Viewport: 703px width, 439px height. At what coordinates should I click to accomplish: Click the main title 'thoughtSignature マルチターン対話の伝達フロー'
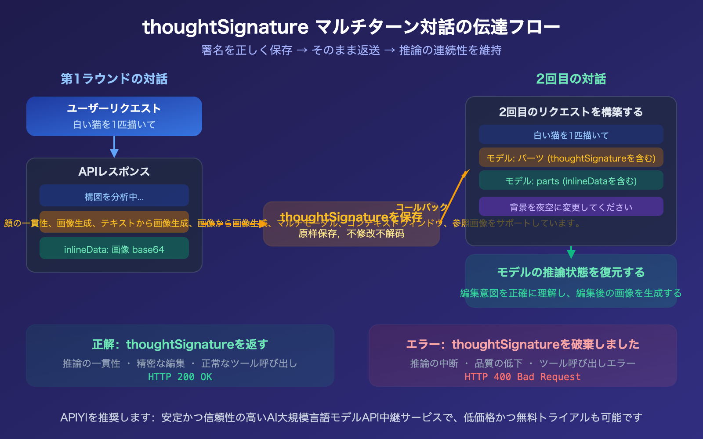[351, 27]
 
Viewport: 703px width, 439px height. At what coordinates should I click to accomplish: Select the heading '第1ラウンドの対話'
[114, 79]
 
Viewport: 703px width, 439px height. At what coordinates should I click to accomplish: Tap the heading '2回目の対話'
[571, 79]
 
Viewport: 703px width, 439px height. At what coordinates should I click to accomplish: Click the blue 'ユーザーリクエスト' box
[114, 116]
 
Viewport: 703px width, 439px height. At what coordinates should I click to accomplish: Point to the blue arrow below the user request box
[114, 147]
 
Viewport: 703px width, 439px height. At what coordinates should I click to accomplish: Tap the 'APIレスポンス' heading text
[114, 172]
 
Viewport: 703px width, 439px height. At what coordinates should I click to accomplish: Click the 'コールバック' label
[422, 207]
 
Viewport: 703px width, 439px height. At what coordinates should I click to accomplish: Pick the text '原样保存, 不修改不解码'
[351, 234]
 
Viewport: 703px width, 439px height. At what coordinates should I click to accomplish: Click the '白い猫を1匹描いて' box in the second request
[571, 135]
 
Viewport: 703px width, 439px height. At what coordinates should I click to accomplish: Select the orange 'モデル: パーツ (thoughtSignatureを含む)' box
[571, 158]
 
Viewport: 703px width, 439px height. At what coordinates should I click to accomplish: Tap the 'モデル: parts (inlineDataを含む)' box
[571, 180]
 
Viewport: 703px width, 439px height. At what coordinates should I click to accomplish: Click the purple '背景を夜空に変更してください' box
[571, 207]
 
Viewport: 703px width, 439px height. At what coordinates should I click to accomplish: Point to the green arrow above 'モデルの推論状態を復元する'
[571, 252]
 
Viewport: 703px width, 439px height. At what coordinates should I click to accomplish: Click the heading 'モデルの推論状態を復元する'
[571, 273]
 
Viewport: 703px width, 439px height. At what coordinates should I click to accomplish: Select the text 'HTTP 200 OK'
[180, 377]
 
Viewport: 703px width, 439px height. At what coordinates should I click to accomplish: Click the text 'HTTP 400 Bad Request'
[522, 377]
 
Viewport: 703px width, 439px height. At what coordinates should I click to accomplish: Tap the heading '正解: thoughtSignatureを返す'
[180, 345]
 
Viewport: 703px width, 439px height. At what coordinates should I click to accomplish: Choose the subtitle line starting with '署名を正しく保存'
[351, 50]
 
